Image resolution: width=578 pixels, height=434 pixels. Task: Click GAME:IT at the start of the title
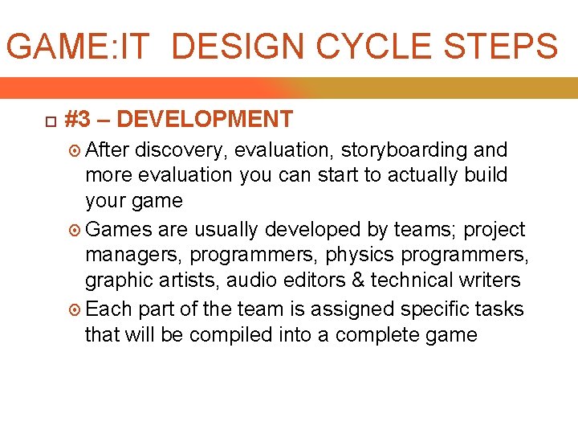coord(78,47)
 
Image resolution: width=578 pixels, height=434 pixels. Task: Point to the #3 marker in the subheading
coord(77,120)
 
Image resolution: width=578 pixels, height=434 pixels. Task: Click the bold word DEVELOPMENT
coord(204,120)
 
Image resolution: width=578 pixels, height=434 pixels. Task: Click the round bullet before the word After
coord(75,150)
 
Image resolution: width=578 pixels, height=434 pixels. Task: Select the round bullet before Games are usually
coord(75,230)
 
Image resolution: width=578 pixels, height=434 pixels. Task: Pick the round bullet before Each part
coord(75,309)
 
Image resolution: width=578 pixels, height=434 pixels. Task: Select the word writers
coord(491,280)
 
